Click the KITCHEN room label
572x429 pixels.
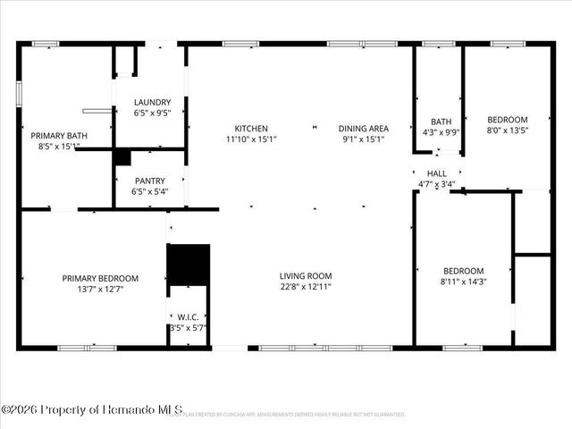point(251,129)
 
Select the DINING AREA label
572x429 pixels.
point(363,129)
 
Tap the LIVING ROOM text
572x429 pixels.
point(306,276)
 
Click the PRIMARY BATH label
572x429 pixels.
point(55,136)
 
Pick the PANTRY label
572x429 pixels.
point(149,181)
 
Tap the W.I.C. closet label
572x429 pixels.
point(188,316)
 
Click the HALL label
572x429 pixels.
point(437,173)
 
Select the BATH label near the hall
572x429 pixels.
point(441,122)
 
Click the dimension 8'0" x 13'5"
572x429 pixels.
point(507,130)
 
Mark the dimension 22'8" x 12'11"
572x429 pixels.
point(306,287)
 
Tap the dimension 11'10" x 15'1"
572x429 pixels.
point(251,139)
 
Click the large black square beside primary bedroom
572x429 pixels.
point(189,264)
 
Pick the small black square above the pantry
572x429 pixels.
point(122,157)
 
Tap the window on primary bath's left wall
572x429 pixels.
point(19,94)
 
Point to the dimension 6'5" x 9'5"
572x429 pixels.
point(152,114)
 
